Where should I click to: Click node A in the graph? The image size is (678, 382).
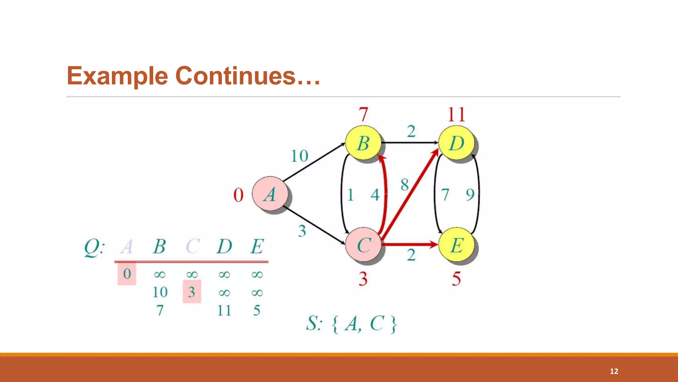pos(270,194)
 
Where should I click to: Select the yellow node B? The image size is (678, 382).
pos(363,143)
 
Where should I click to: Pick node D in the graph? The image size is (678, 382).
pos(456,143)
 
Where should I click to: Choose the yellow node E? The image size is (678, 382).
pos(456,245)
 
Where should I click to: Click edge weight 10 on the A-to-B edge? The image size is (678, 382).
pos(299,156)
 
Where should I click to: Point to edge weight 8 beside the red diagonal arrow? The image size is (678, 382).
pos(405,185)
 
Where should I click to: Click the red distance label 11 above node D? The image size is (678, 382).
pos(456,115)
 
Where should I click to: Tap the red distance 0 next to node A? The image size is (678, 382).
pos(238,195)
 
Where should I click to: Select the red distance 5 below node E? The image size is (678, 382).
pos(456,279)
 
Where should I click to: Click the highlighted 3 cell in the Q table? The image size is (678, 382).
pos(192,292)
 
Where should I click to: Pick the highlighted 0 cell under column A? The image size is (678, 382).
pos(127,274)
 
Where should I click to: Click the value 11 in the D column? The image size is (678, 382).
pos(224,311)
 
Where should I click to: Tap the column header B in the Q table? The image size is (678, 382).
pos(159,246)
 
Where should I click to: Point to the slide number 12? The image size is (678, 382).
pos(614,371)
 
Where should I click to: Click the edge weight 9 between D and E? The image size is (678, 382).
pos(470,195)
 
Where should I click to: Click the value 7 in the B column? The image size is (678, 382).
pos(160,311)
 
